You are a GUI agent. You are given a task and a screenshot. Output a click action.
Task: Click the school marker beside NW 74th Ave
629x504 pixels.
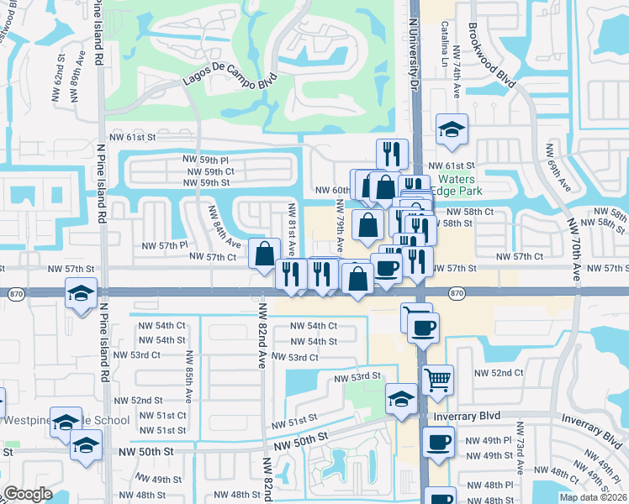(x=452, y=129)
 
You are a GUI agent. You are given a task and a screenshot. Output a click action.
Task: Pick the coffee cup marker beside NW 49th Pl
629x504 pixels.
(x=437, y=442)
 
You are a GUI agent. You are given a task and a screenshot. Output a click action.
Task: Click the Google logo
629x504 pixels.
(x=28, y=494)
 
